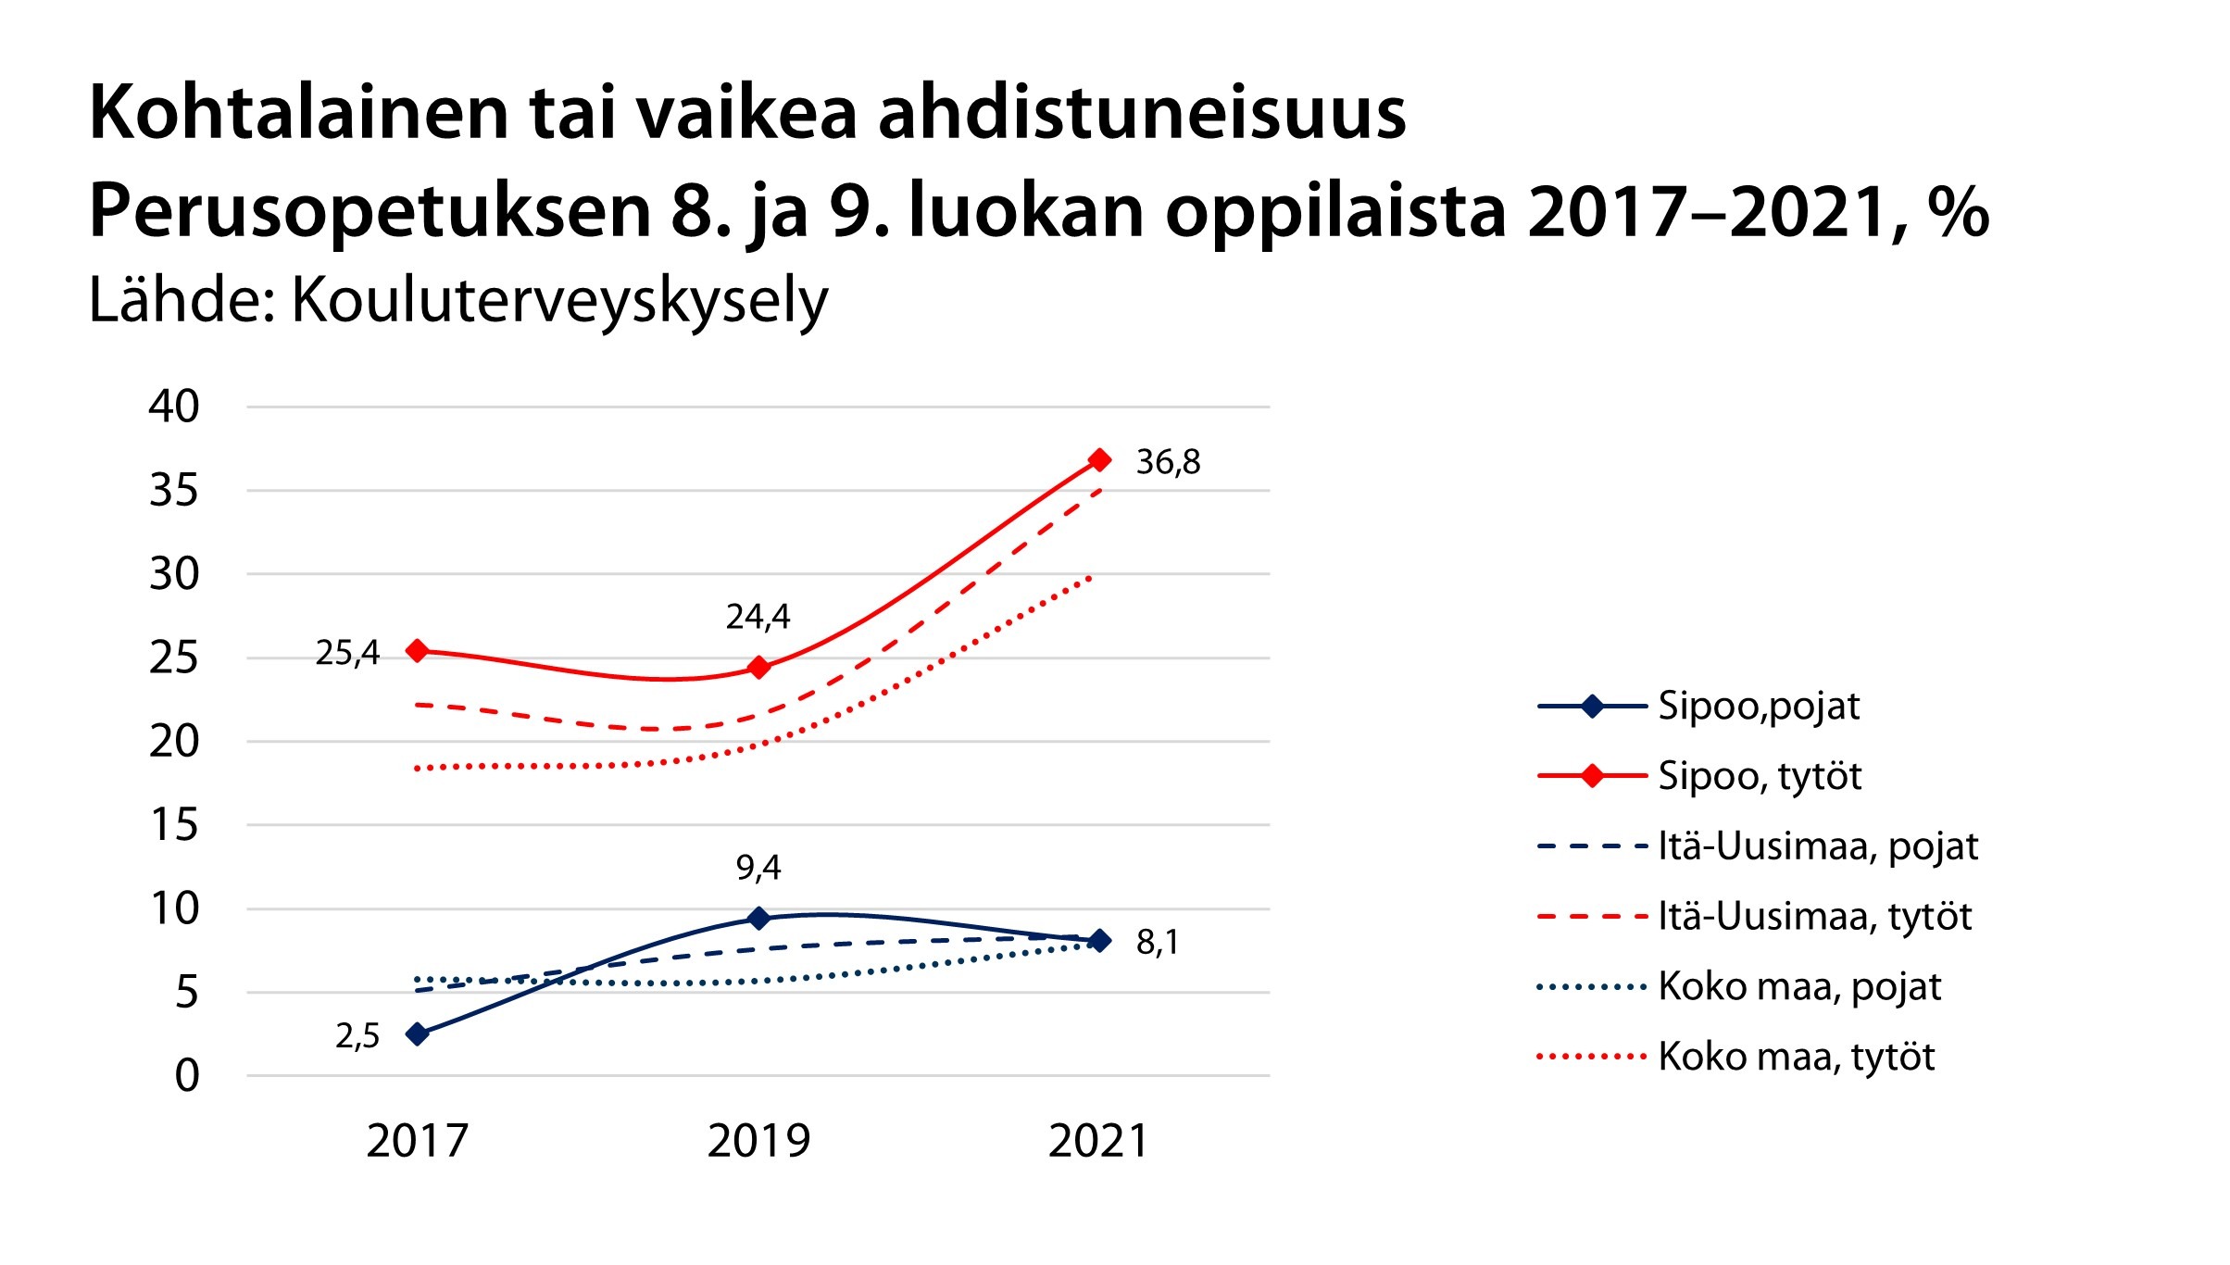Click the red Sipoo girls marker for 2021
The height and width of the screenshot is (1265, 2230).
click(1099, 460)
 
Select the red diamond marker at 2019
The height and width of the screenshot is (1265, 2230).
click(758, 667)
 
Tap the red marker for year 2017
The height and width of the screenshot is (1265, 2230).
click(418, 651)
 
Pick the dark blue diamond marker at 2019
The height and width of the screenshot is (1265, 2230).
click(758, 918)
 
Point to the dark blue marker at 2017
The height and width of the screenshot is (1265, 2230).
click(418, 1033)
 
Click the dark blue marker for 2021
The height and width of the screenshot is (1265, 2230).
click(1099, 940)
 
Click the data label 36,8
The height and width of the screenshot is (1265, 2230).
click(1168, 462)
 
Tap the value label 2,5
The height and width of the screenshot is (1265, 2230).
click(357, 1036)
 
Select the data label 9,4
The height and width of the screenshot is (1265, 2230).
click(758, 868)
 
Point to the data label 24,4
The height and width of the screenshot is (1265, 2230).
click(758, 617)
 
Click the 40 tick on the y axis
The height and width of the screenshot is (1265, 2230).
click(174, 407)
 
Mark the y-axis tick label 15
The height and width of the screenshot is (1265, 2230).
click(174, 824)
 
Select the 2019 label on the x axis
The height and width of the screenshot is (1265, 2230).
click(758, 1141)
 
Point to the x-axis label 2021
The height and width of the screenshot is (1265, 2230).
click(1099, 1141)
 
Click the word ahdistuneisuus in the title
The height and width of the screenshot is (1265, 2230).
click(1141, 113)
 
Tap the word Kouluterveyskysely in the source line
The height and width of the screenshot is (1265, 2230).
click(559, 301)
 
